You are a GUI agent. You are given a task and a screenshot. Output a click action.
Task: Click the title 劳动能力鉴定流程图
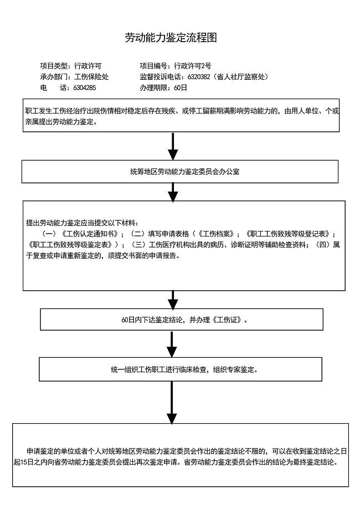click(170, 38)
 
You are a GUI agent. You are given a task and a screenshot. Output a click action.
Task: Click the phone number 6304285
click(85, 88)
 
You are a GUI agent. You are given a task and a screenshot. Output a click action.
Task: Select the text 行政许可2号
click(192, 66)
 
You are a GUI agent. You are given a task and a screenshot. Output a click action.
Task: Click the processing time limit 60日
click(181, 88)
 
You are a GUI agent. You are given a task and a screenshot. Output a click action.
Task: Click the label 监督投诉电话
click(157, 77)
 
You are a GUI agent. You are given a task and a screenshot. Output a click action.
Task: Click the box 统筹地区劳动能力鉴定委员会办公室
click(179, 172)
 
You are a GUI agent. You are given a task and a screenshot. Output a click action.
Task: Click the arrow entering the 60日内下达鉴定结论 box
click(173, 300)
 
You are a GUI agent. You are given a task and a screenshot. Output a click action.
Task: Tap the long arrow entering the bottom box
click(172, 403)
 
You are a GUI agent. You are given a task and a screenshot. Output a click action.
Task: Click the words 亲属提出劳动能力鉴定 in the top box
click(61, 122)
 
